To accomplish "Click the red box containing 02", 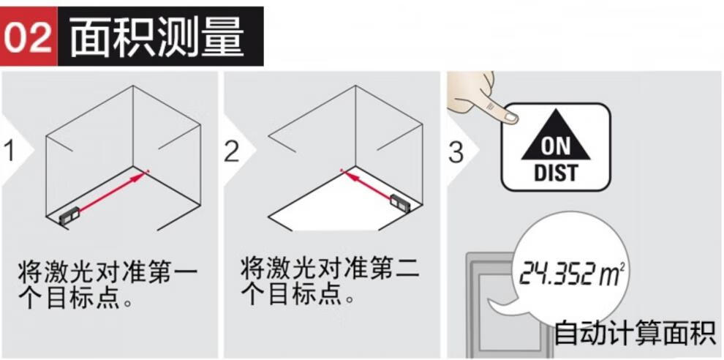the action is pos(29,36).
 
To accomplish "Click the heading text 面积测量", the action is pos(157,37).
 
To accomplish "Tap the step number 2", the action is pos(232,151).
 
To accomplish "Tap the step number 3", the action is pos(456,151).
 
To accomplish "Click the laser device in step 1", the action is pos(69,216).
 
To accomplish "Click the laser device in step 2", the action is pos(400,201).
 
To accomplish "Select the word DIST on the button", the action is pos(556,173).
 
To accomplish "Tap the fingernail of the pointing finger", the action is pos(510,117).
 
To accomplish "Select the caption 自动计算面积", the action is pos(635,333).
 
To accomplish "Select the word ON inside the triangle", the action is pos(556,147).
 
